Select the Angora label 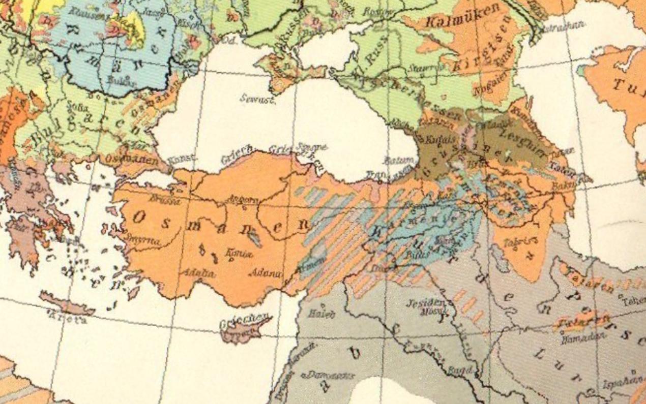coord(242,199)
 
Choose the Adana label coord(265,273)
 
